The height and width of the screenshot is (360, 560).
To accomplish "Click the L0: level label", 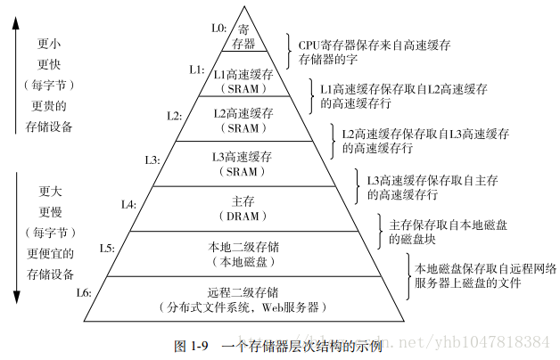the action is [x=218, y=28].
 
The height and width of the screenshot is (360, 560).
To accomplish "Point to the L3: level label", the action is [x=152, y=160].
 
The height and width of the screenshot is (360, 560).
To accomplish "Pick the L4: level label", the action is [x=128, y=204].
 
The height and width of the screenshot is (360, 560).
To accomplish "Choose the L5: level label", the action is [x=107, y=248].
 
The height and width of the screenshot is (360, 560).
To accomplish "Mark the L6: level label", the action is [x=84, y=292].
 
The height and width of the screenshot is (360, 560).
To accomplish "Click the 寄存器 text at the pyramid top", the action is [x=243, y=36].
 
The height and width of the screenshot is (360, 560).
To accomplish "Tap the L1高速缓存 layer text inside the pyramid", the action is [x=243, y=75].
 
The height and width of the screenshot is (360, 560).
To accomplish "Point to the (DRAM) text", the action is [x=243, y=217].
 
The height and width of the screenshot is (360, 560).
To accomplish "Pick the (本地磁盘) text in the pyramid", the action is [x=243, y=262].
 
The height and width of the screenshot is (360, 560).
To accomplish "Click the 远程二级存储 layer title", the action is [x=243, y=292].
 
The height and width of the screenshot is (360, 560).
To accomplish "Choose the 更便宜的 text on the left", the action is [x=49, y=254].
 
